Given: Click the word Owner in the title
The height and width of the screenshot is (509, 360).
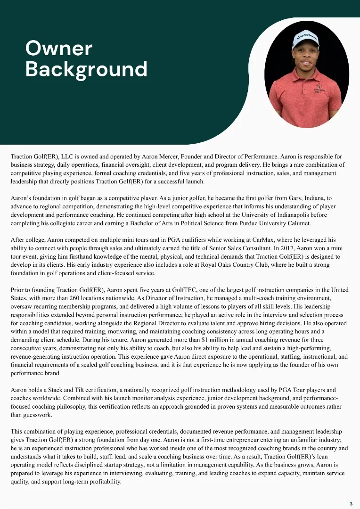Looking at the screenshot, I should point(58,49).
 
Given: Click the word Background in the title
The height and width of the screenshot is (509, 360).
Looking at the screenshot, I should point(86,69).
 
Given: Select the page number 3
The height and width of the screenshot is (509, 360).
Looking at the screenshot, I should point(351,504).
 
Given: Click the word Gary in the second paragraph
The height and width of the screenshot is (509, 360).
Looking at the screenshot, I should point(271,199).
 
